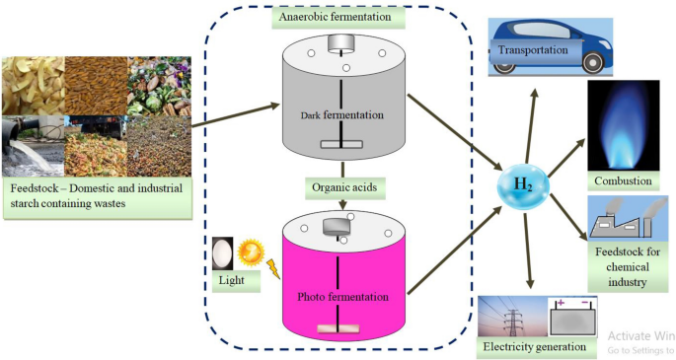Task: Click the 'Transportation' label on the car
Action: tap(532, 50)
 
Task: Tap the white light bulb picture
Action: tap(224, 253)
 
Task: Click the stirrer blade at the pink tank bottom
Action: tap(339, 331)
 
